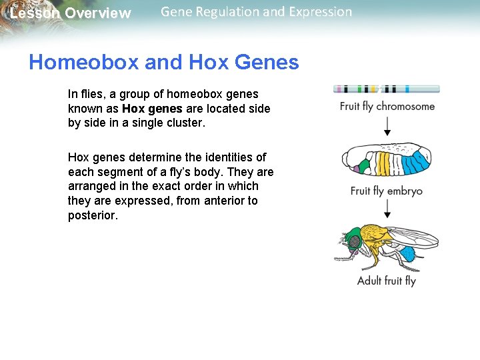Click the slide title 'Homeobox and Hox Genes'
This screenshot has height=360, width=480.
tap(164, 63)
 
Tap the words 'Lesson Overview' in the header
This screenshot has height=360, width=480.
tap(71, 13)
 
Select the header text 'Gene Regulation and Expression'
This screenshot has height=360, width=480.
tap(256, 12)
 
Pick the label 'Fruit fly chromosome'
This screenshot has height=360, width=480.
tap(387, 107)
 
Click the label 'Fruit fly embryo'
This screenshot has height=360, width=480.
tap(387, 191)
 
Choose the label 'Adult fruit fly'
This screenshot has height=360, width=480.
tap(387, 281)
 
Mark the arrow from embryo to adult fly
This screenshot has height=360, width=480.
tap(387, 210)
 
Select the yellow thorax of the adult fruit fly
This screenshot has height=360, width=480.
tap(377, 240)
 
